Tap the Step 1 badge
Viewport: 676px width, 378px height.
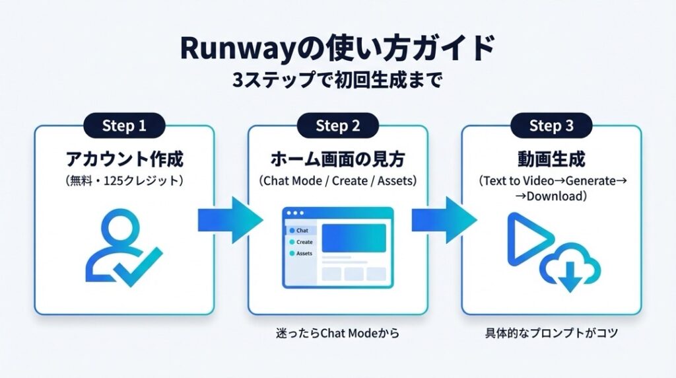[x=124, y=126]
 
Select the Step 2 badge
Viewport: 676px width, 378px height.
[x=337, y=126]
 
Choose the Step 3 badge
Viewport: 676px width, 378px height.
[x=551, y=126]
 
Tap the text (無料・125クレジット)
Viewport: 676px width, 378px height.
[x=124, y=180]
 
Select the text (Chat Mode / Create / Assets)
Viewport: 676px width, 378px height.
[x=337, y=180]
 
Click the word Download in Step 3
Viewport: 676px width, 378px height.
[x=555, y=196]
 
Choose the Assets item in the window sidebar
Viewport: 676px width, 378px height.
[x=302, y=254]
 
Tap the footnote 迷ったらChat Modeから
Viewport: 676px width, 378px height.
[x=337, y=334]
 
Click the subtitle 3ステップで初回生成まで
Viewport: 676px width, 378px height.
[x=337, y=81]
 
